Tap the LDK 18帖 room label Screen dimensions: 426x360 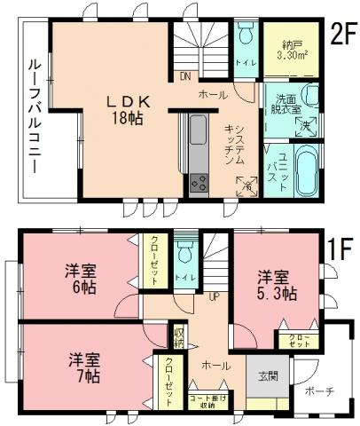click(127, 108)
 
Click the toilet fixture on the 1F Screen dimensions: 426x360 click(184, 253)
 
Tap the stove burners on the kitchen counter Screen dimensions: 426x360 click(198, 184)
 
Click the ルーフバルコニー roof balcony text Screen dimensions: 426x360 click(34, 112)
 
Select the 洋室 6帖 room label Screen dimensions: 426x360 click(81, 280)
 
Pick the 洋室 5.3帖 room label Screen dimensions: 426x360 click(276, 284)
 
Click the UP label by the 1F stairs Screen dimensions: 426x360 click(214, 296)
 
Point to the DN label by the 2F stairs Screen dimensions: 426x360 click(184, 75)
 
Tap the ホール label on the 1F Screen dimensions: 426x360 click(213, 365)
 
